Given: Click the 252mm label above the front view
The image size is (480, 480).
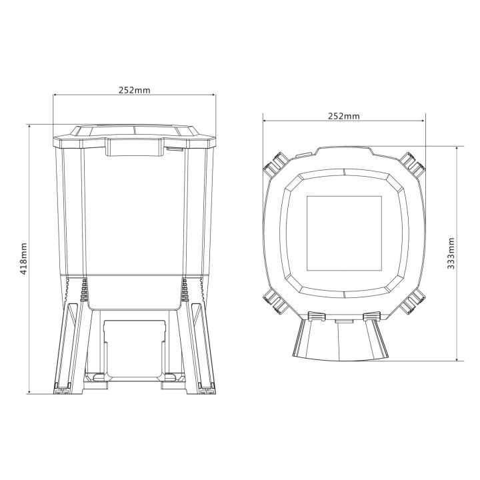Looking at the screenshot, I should pyautogui.click(x=134, y=90).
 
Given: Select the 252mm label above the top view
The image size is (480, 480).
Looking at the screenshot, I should pyautogui.click(x=343, y=115).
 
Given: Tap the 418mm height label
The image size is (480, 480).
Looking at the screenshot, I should pyautogui.click(x=24, y=259).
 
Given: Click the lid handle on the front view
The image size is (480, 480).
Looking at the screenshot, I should pyautogui.click(x=135, y=147).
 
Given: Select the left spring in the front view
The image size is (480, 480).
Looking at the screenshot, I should pyautogui.click(x=84, y=291).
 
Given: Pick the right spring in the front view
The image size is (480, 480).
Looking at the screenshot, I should pyautogui.click(x=184, y=291).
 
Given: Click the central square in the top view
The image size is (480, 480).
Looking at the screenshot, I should pyautogui.click(x=343, y=233).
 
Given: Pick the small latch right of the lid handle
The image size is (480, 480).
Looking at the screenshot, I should pyautogui.click(x=177, y=149).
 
